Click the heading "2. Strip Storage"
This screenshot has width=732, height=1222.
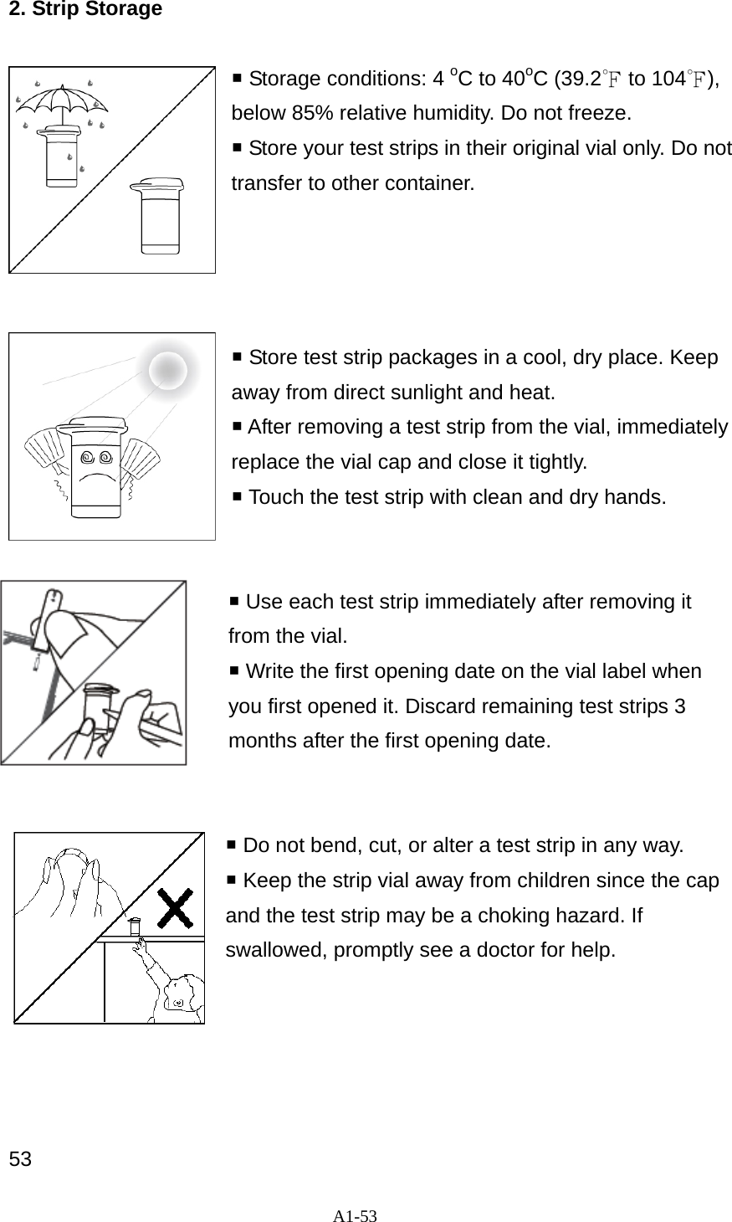coord(84,10)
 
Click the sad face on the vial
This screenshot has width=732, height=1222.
coord(95,465)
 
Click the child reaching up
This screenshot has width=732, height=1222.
coord(177,988)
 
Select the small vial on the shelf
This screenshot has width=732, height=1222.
coord(134,927)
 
